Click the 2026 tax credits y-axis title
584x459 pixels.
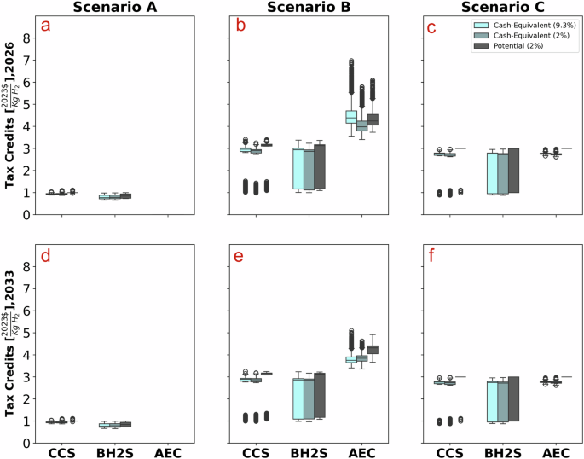point(11,121)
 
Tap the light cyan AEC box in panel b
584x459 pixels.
point(350,116)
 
